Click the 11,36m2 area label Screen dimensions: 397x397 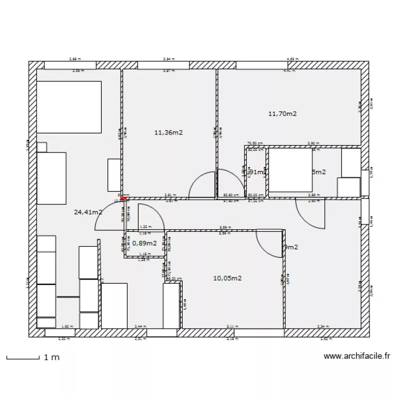coord(168,132)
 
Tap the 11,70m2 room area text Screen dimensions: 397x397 coord(283,113)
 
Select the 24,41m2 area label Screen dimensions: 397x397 coord(88,212)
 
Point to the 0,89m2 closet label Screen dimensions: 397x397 coord(145,243)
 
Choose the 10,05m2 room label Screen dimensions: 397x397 coord(228,278)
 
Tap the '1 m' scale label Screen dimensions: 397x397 coord(52,358)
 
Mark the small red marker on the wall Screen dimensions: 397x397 coord(124,199)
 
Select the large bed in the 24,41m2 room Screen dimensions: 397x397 coord(69,107)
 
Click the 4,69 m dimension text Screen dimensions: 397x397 coord(292,59)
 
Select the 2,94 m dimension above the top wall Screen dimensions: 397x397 coord(168,59)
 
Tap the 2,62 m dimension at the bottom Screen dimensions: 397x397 coord(324,339)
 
